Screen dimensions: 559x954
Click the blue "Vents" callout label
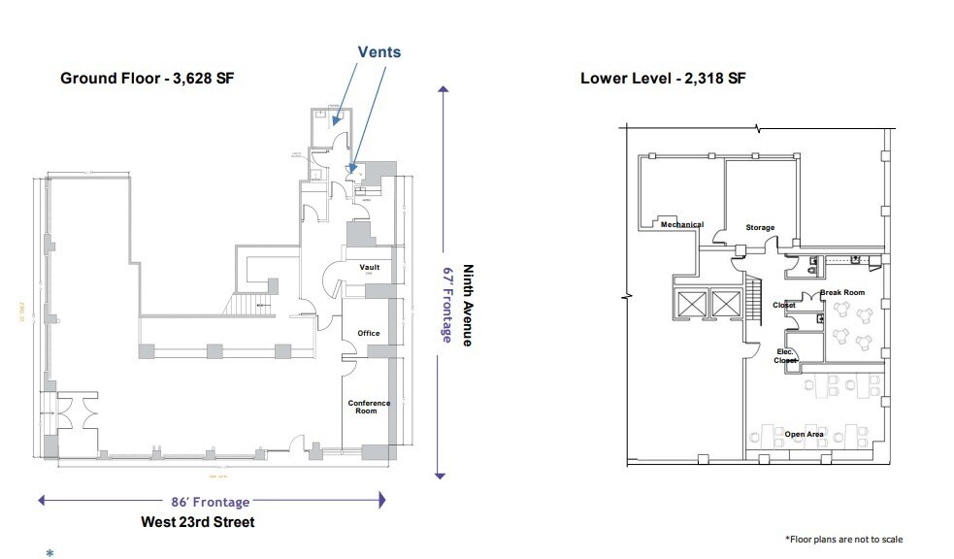coord(378,52)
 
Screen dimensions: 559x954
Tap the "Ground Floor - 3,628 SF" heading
coord(147,79)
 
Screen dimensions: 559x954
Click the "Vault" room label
coord(369,267)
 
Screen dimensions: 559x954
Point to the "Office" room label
coord(369,333)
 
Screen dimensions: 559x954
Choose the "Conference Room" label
coord(370,407)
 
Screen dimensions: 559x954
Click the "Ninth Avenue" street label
coord(467,306)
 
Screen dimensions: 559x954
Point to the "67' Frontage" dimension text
coord(447,303)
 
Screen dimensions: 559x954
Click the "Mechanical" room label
coord(681,224)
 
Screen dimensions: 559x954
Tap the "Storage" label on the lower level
coord(760,227)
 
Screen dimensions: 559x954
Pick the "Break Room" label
coord(841,292)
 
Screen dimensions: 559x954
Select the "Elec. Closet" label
coord(786,356)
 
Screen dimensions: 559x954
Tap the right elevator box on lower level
coord(725,304)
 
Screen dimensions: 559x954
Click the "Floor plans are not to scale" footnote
coord(847,539)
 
